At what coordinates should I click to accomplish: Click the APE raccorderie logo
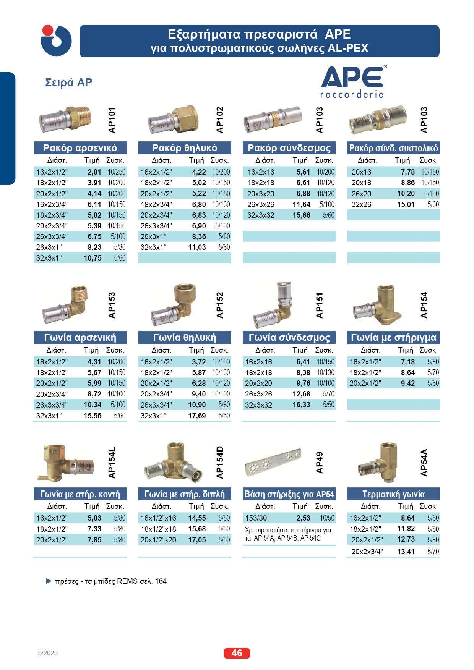click(x=352, y=81)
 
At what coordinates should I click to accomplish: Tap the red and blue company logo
click(x=56, y=40)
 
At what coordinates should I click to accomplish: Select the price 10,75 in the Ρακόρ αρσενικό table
click(x=93, y=258)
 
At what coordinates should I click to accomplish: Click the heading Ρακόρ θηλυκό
click(x=185, y=148)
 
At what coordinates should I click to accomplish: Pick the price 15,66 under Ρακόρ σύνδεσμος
click(x=301, y=215)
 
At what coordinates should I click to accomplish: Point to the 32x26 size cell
click(x=361, y=204)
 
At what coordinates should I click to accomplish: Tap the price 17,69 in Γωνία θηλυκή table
click(x=197, y=416)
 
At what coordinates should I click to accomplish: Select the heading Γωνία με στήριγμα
click(x=393, y=337)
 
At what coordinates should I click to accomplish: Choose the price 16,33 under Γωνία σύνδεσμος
click(x=301, y=405)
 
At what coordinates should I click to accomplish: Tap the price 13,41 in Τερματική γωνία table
click(x=406, y=552)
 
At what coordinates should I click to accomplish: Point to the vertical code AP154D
click(x=219, y=462)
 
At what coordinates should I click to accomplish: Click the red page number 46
click(x=237, y=653)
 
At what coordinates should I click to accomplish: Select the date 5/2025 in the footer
click(x=48, y=653)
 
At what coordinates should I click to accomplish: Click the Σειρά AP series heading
click(x=69, y=83)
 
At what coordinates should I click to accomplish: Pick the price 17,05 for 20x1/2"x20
click(x=197, y=540)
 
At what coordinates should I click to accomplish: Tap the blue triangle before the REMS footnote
click(x=49, y=581)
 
